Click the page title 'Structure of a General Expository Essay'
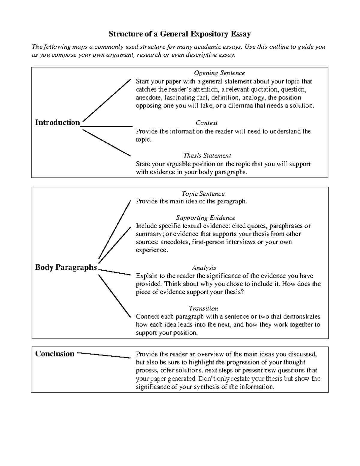179,34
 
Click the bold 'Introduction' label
57,122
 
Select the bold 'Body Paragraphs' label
66,267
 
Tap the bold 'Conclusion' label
55,354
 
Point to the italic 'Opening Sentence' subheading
219,73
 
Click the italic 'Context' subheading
206,123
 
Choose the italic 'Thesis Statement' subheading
207,155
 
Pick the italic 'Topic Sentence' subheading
203,194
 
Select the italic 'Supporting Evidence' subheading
205,218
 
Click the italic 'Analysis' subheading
204,268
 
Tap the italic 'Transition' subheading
203,308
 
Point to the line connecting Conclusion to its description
104,355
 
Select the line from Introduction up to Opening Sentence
106,100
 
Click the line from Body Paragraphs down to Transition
115,296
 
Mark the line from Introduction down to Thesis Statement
106,143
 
